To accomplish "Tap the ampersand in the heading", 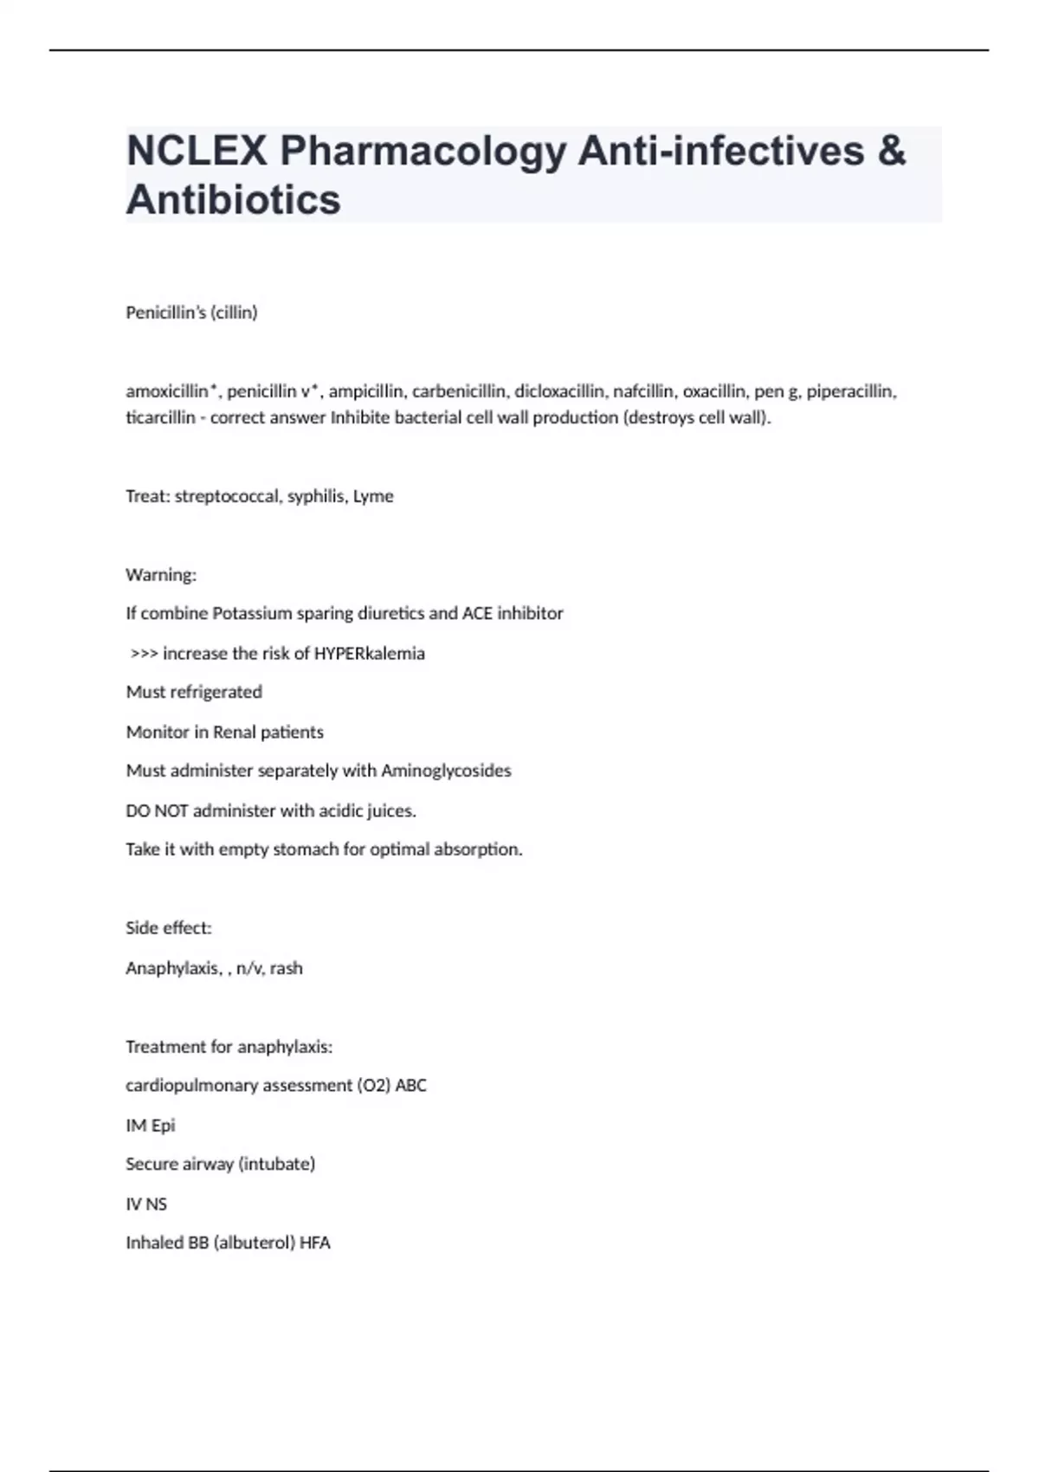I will tap(892, 152).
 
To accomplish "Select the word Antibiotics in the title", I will tap(234, 200).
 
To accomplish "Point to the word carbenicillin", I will tap(458, 391).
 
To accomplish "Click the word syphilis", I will tap(315, 496).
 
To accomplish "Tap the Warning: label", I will tap(161, 575).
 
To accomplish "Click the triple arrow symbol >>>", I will tap(144, 654).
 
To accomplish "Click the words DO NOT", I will tap(157, 811).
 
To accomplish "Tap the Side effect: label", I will tap(169, 928).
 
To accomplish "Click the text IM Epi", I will tap(151, 1126).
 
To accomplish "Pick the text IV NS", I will tap(146, 1204).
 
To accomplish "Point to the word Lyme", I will tap(373, 496).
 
